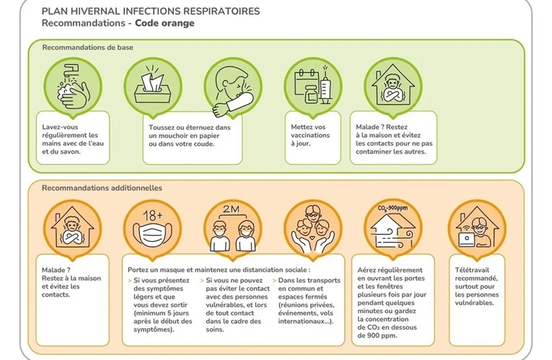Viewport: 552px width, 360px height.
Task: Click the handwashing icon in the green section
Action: click(x=73, y=85)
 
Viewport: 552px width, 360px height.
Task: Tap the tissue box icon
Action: click(x=153, y=85)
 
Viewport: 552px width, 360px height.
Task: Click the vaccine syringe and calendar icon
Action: click(x=312, y=85)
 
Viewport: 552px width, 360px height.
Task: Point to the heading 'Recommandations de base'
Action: click(x=87, y=48)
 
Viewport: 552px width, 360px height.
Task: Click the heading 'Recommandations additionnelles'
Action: click(x=102, y=188)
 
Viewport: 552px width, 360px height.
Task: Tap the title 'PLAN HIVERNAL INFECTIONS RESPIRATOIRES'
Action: click(x=151, y=12)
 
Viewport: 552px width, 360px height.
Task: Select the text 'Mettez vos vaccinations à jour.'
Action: click(x=310, y=135)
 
